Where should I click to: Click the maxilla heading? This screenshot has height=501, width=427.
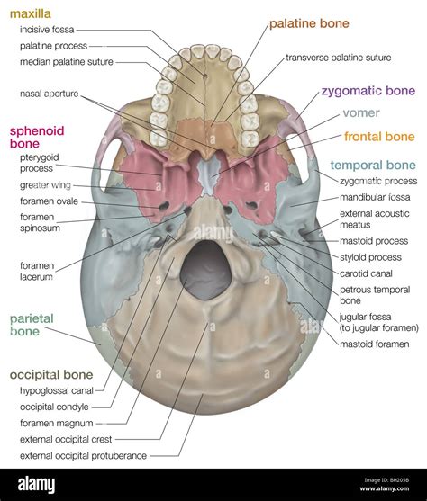pos(29,14)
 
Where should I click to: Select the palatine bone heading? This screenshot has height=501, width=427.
pos(309,23)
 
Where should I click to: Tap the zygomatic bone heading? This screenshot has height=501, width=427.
pos(368,92)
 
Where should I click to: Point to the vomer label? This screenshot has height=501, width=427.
pos(360,114)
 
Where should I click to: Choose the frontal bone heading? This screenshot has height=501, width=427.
pos(380,137)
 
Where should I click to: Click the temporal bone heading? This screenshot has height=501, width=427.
pos(373,166)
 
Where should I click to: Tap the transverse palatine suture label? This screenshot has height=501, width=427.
pos(338,58)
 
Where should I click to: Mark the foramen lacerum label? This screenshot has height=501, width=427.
pos(41,272)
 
